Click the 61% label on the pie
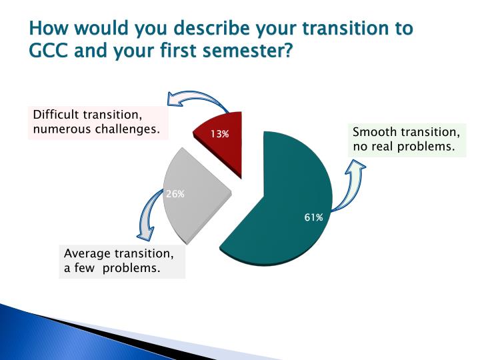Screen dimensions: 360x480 point(314,217)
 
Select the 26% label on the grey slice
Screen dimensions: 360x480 point(175,194)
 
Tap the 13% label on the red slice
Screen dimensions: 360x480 point(220,134)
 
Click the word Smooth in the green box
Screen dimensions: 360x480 point(372,132)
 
